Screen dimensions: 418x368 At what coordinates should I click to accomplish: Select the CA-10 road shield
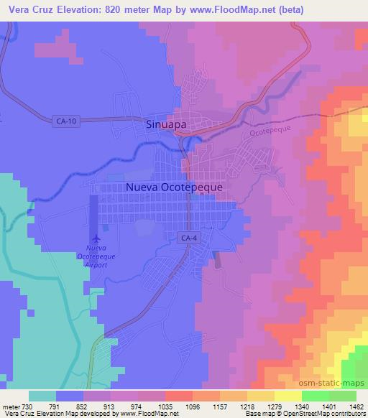click(x=65, y=121)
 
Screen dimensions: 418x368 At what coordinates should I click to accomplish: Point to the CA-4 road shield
click(x=187, y=236)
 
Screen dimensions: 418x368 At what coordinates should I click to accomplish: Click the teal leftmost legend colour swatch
click(x=42, y=395)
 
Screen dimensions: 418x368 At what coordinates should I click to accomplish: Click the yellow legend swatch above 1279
click(x=261, y=395)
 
